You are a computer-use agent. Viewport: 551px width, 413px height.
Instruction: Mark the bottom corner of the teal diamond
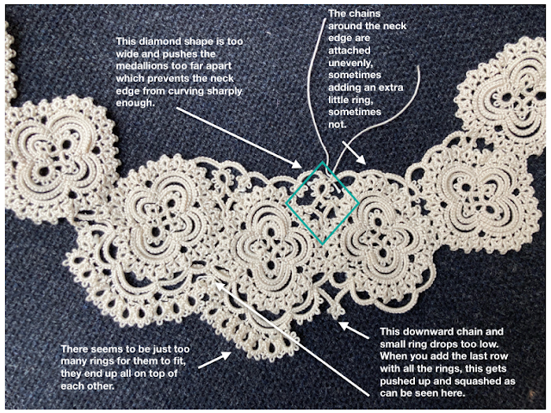click(322, 244)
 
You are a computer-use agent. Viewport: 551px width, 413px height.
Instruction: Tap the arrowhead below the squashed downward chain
click(342, 325)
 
